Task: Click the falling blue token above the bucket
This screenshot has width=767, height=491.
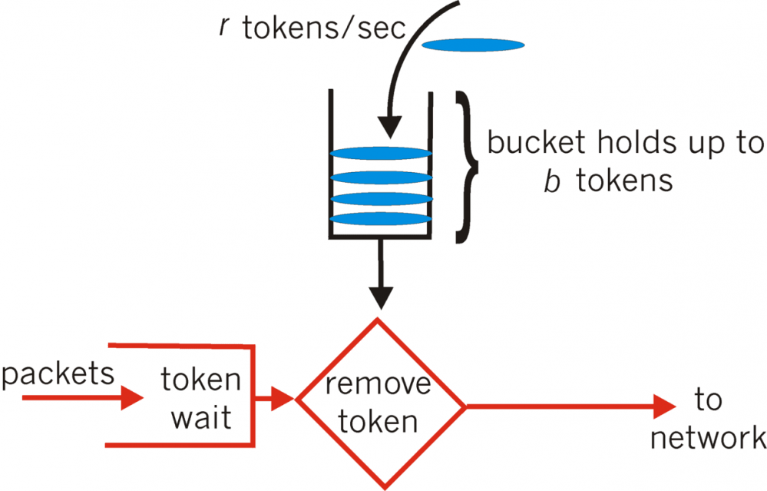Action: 473,45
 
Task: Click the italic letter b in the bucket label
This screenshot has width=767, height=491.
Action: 550,181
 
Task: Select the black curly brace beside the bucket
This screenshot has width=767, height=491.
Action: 465,168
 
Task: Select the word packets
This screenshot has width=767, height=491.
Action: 58,375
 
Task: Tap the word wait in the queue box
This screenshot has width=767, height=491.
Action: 200,419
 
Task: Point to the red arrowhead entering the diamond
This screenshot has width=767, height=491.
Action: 284,398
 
